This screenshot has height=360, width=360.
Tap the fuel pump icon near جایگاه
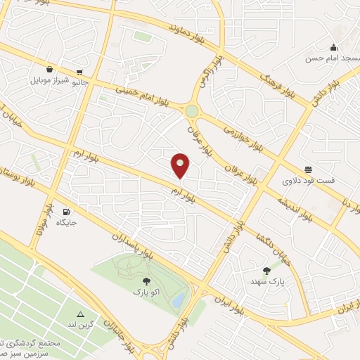[x=67, y=212]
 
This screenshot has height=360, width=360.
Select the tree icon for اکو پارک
[x=146, y=281]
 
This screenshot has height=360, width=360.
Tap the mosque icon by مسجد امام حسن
[x=333, y=47]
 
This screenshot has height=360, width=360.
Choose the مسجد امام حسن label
[x=328, y=58]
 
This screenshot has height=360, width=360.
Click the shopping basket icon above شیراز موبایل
[x=49, y=70]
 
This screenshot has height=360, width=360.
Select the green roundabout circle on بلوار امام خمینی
[x=192, y=111]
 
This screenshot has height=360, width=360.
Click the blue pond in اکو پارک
[x=180, y=301]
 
